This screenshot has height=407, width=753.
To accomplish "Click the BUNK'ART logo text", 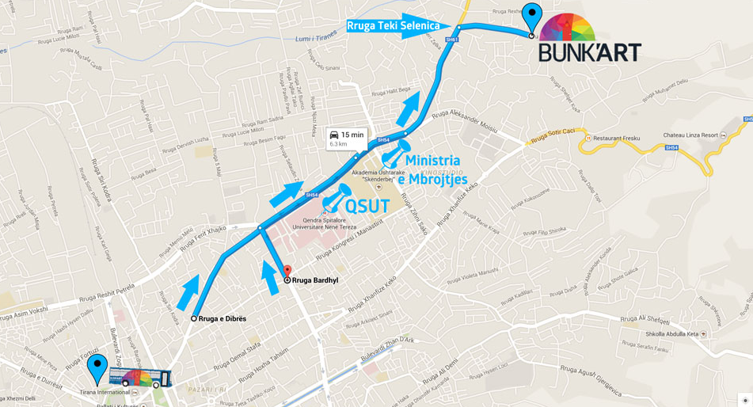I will [x=590, y=52].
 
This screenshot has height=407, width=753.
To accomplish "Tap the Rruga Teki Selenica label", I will [x=393, y=26].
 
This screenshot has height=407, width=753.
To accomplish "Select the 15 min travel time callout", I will [x=346, y=139].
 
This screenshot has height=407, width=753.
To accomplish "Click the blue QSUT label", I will [x=367, y=207].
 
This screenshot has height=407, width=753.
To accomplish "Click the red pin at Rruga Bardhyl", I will [x=287, y=272].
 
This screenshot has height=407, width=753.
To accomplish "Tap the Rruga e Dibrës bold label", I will [x=222, y=319].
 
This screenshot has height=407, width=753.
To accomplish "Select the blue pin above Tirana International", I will [x=97, y=368].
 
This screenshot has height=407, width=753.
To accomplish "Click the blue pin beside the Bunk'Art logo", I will [x=532, y=17].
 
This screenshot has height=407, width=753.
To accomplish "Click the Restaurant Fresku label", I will [x=616, y=139].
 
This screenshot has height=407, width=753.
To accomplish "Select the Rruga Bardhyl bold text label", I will [x=315, y=280].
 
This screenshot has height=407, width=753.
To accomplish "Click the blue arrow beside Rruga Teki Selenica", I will [x=425, y=26].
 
